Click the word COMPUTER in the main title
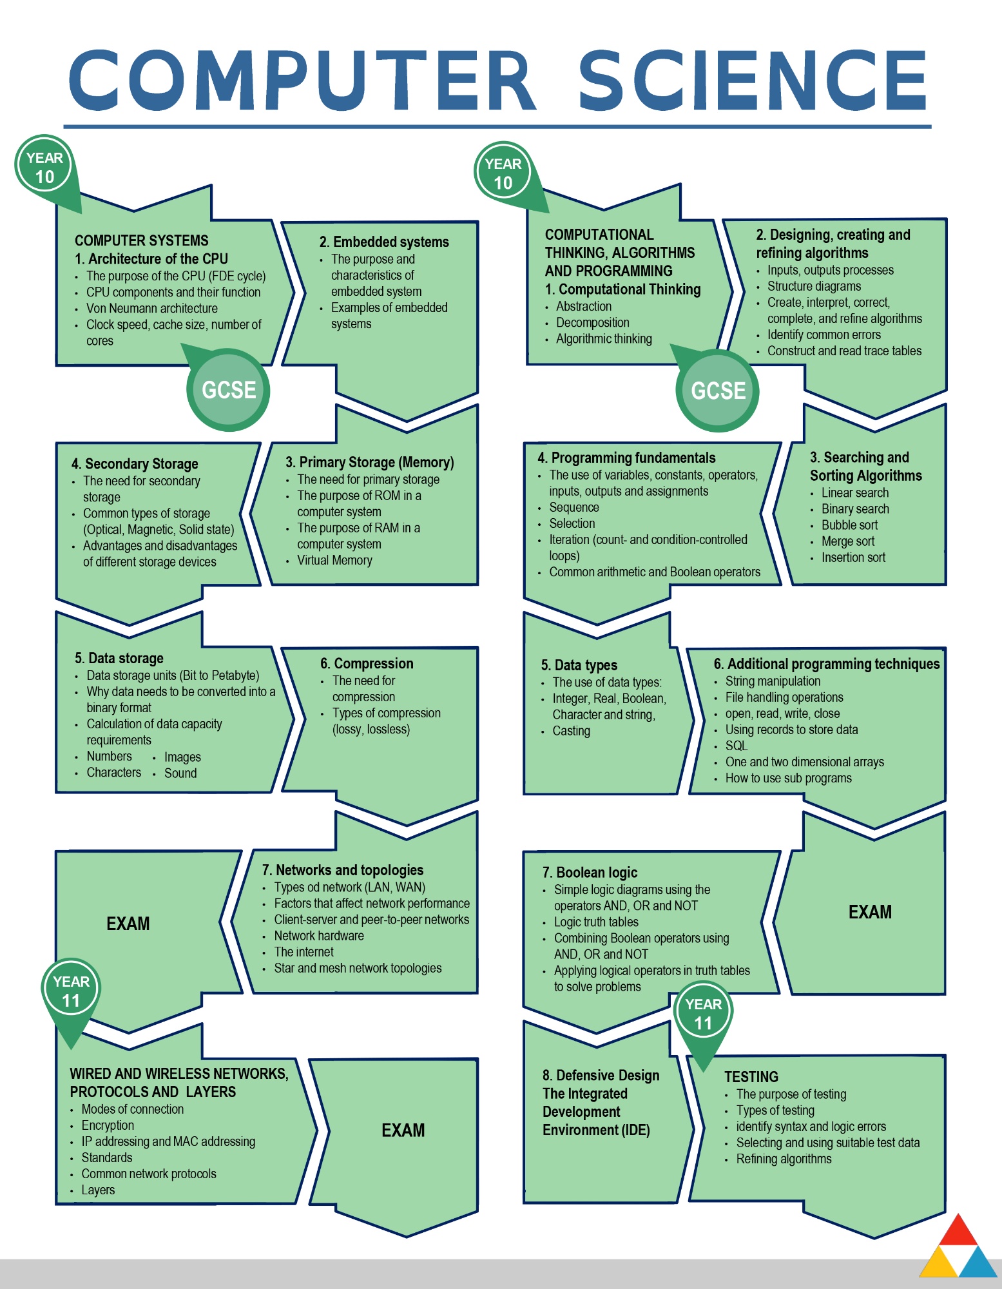(303, 81)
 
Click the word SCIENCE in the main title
(753, 81)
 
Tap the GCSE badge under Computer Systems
(228, 390)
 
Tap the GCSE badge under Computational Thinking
(718, 391)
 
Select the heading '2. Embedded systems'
(384, 242)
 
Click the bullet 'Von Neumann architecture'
(152, 308)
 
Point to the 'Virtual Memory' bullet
(334, 560)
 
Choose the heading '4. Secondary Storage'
(135, 464)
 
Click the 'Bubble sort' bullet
(849, 525)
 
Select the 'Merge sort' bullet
(848, 541)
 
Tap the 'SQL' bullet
(737, 746)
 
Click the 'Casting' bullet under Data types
(571, 731)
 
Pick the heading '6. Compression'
(367, 663)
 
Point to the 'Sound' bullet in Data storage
(180, 773)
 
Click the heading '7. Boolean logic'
(590, 872)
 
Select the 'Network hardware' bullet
(319, 936)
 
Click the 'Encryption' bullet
(108, 1125)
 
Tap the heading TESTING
(751, 1077)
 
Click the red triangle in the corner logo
(958, 1231)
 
